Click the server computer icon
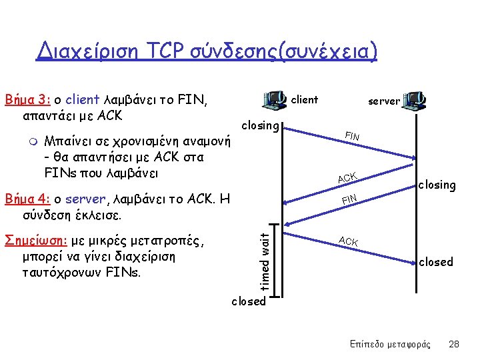point(415,101)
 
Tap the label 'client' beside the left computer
point(305,100)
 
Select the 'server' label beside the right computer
point(384,101)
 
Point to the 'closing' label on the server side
point(437,185)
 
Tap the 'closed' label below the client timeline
point(248,301)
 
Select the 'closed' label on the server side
point(435,262)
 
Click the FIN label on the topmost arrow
point(351,137)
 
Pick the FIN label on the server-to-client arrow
point(349,199)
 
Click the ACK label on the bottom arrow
point(349,241)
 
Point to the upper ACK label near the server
point(347,177)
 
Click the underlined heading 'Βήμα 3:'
point(27,101)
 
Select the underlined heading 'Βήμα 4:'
point(27,199)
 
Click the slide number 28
point(454,344)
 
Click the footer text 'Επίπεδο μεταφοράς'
point(390,344)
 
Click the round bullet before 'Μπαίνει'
point(31,142)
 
